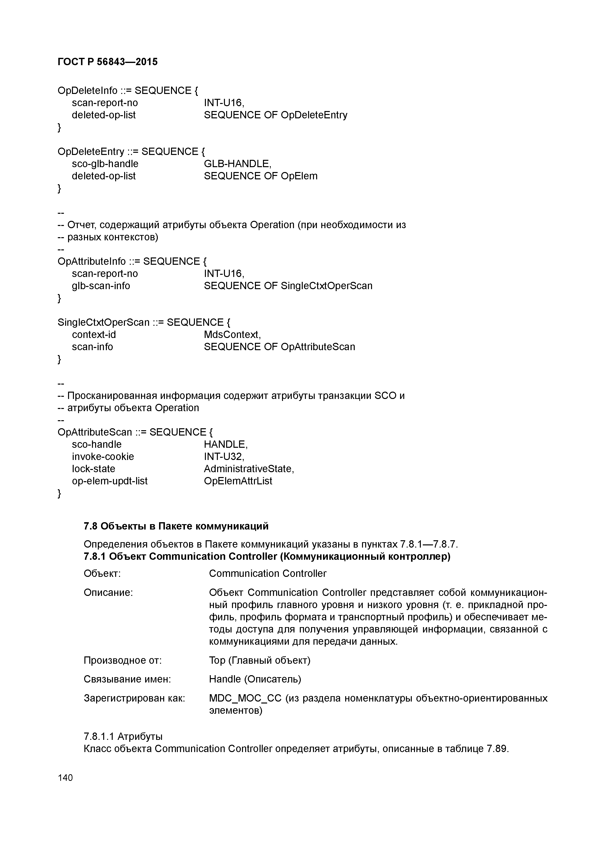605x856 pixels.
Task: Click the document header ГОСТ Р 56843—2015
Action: pos(108,61)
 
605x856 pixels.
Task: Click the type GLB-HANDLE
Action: pos(237,164)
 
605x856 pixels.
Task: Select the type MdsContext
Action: pos(232,335)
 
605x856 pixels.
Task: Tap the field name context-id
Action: pos(94,335)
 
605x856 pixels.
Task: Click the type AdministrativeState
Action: pos(248,469)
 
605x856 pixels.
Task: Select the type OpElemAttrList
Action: pos(238,481)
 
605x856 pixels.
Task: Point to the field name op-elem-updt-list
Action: pos(110,481)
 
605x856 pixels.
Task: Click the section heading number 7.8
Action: pos(90,526)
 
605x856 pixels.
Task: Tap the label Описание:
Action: pos(108,592)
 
